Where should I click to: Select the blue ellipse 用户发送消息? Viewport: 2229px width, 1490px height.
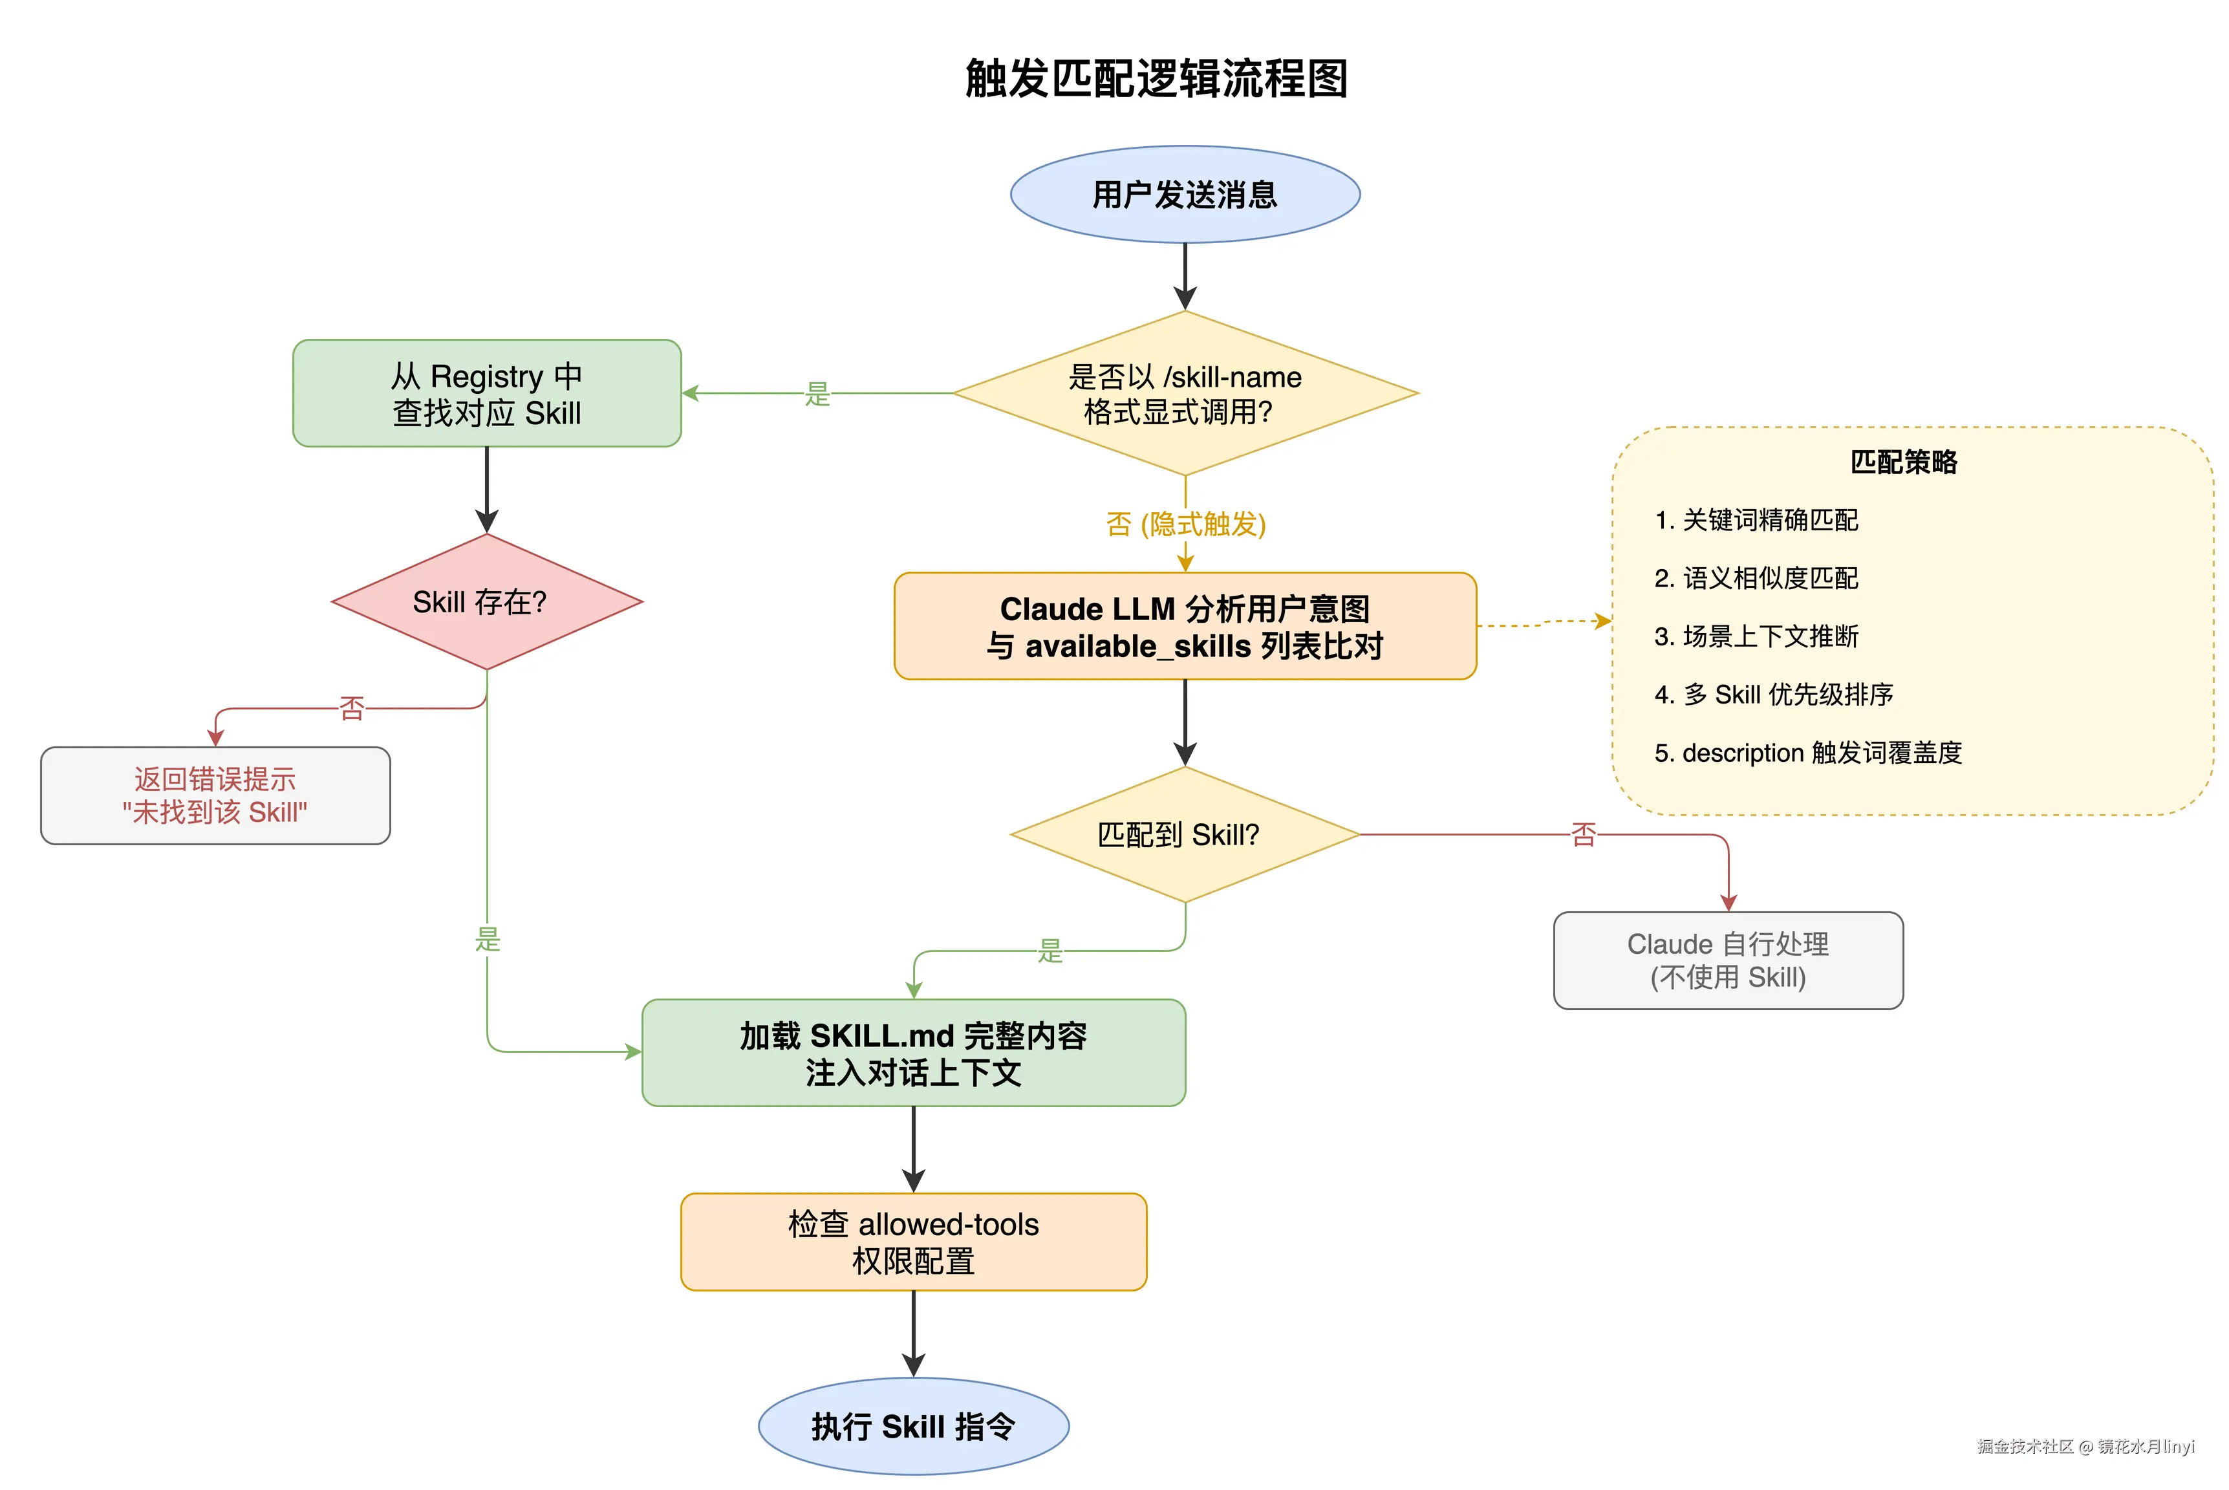point(1184,195)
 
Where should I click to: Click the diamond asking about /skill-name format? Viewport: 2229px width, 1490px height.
point(1184,393)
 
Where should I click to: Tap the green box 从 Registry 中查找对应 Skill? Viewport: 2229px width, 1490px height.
point(486,393)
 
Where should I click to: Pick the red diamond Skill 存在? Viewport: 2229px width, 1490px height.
point(486,601)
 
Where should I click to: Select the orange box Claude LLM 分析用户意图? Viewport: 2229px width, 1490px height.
point(1184,626)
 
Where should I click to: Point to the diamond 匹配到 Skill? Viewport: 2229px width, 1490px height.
point(1184,834)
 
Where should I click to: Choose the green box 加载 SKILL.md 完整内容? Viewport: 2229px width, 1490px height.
point(913,1053)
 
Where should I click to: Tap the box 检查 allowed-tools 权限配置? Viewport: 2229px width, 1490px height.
point(913,1242)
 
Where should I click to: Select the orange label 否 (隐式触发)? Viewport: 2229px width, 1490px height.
point(1185,524)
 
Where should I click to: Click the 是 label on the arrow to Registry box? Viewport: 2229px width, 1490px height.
point(817,393)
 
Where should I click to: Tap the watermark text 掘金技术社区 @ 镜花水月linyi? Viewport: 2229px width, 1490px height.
point(2085,1446)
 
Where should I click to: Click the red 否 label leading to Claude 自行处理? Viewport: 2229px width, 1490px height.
point(1583,834)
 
